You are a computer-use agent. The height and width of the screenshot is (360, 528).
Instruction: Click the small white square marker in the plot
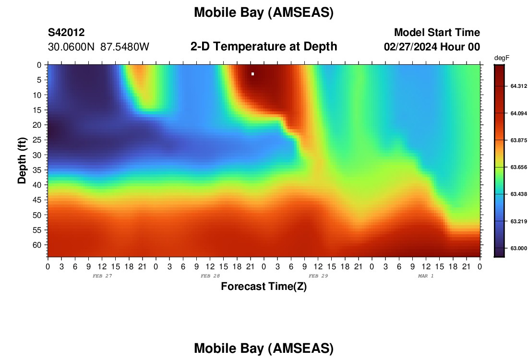click(x=252, y=74)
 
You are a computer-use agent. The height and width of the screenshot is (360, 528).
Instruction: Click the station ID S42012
click(x=66, y=32)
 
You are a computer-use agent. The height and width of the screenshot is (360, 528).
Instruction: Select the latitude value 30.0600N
click(x=71, y=47)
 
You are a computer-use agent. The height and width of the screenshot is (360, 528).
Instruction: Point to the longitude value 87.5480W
click(x=125, y=47)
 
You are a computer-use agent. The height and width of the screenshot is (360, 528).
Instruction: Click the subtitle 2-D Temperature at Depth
click(x=264, y=47)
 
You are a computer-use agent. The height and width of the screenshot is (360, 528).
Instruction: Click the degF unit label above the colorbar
click(x=502, y=58)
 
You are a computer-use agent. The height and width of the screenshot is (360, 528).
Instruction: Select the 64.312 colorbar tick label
click(x=518, y=86)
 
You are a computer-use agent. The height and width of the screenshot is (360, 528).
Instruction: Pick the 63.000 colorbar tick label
click(x=518, y=248)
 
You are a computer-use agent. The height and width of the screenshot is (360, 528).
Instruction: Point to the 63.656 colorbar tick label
click(x=518, y=167)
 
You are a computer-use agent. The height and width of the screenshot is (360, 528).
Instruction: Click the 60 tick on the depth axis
click(x=37, y=245)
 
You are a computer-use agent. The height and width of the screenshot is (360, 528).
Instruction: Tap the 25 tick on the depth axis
click(x=37, y=140)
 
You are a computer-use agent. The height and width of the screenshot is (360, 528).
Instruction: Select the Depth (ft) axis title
click(x=22, y=160)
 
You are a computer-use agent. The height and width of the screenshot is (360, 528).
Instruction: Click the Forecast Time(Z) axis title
click(x=264, y=286)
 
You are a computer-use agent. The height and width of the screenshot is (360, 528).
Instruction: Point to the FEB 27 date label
click(x=102, y=276)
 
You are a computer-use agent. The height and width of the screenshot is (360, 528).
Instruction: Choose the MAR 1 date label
click(x=426, y=276)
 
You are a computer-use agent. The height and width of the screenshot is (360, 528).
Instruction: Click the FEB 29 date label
click(x=318, y=276)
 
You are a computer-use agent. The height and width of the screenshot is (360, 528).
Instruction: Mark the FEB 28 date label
click(x=210, y=276)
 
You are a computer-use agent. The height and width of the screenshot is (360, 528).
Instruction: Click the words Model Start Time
click(x=437, y=32)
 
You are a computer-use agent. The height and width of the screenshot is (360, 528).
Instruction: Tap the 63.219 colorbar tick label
click(x=518, y=221)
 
